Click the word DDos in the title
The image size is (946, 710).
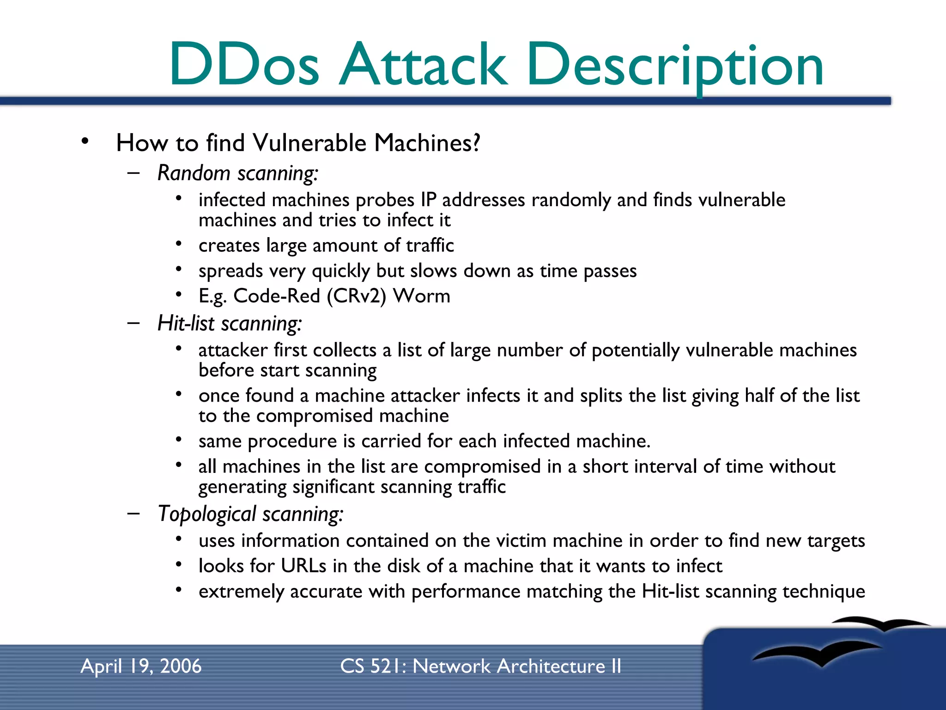click(x=244, y=65)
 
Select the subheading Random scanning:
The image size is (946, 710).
click(x=238, y=173)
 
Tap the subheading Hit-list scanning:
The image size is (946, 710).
click(x=230, y=324)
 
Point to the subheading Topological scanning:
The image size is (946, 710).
click(x=250, y=514)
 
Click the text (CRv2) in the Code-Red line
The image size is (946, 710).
click(x=356, y=296)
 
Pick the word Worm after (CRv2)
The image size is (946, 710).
click(x=421, y=296)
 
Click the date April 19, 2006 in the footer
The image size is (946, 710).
click(x=141, y=667)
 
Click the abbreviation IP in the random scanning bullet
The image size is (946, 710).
click(x=428, y=200)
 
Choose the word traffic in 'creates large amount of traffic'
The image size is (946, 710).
click(x=430, y=245)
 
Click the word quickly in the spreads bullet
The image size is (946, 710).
click(x=341, y=271)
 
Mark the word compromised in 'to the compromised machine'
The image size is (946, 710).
click(x=315, y=416)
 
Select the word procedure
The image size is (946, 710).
click(x=292, y=441)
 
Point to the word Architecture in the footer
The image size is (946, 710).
click(x=551, y=667)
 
